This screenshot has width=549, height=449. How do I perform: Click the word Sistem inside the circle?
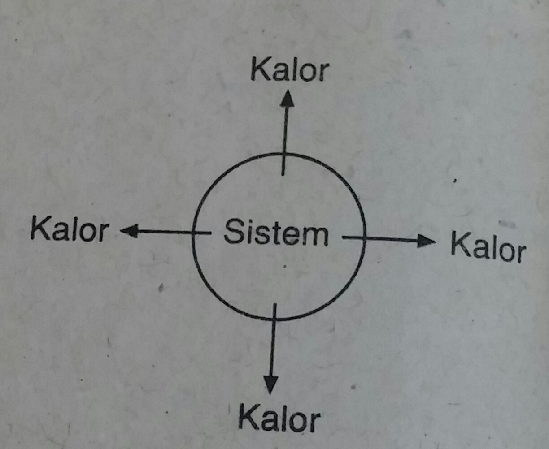(x=276, y=233)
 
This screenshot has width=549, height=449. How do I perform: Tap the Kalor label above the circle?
(x=290, y=70)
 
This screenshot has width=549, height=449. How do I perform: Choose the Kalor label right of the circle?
(x=488, y=247)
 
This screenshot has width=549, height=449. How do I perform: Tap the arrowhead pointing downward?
(x=270, y=384)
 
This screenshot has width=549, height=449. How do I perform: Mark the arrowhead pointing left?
(x=129, y=231)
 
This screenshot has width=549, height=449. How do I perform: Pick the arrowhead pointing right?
(x=426, y=241)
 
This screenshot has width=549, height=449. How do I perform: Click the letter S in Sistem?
(x=233, y=231)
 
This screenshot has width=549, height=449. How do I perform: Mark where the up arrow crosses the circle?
(x=283, y=154)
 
